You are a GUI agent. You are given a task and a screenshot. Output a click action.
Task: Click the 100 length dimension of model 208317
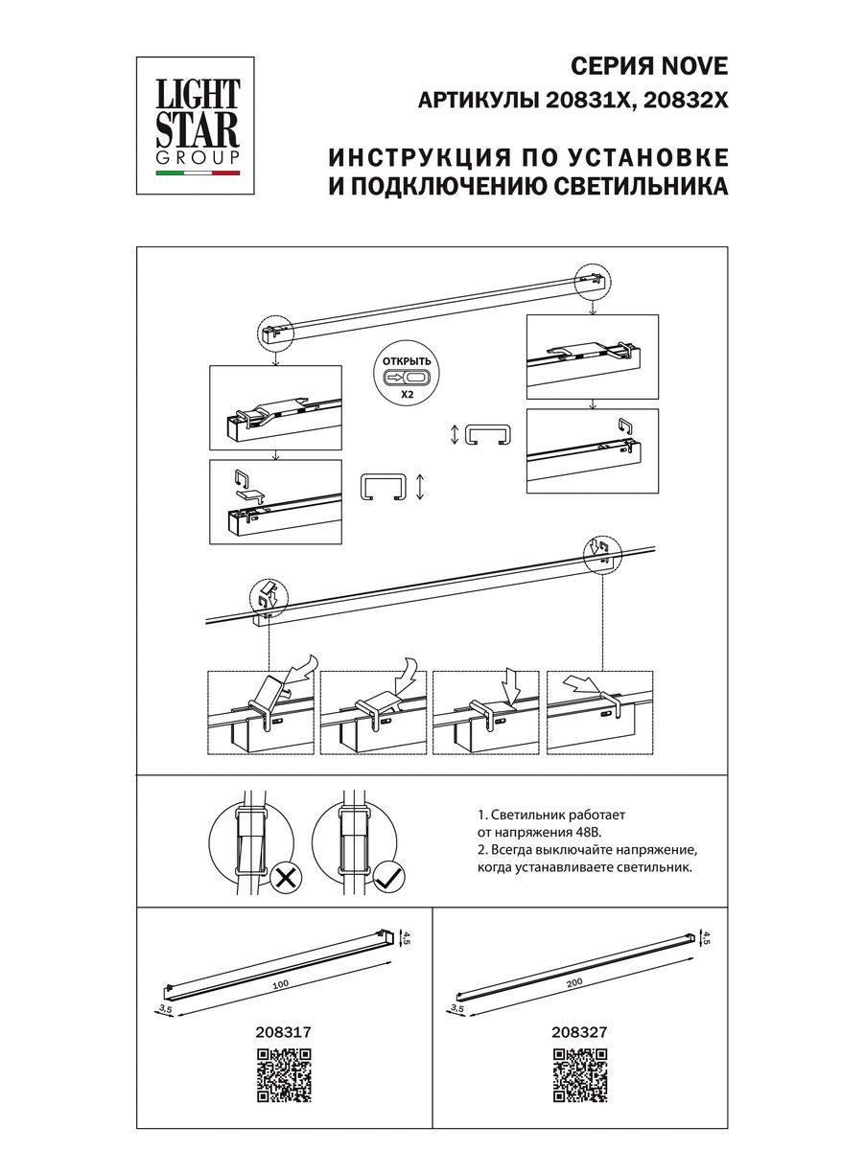pos(280,984)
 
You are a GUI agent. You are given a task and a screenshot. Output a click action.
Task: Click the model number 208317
pos(284,1033)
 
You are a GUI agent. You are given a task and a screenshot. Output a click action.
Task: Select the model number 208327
pos(581,1033)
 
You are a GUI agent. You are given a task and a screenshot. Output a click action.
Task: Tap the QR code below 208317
pos(285,1075)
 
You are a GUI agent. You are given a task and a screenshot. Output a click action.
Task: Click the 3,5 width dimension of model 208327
pos(456,1007)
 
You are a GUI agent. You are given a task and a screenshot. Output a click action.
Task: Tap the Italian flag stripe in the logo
pos(198,174)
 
